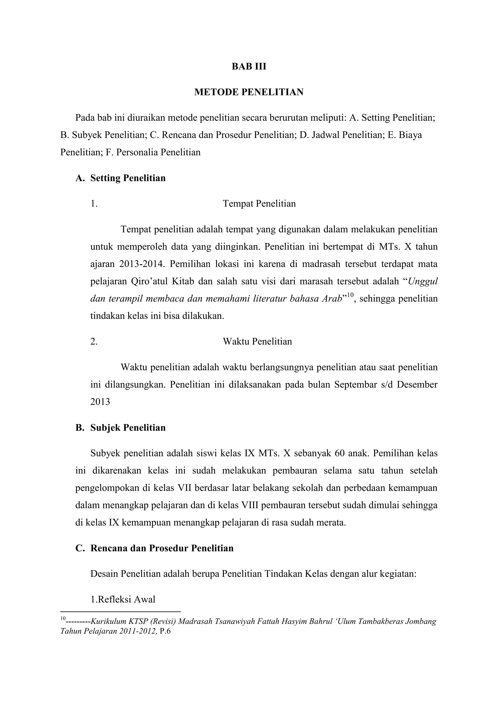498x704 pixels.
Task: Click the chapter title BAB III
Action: click(249, 67)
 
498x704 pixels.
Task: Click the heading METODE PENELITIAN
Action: click(249, 92)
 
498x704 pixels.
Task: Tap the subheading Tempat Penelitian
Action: click(259, 204)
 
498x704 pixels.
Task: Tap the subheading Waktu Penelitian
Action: click(257, 341)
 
